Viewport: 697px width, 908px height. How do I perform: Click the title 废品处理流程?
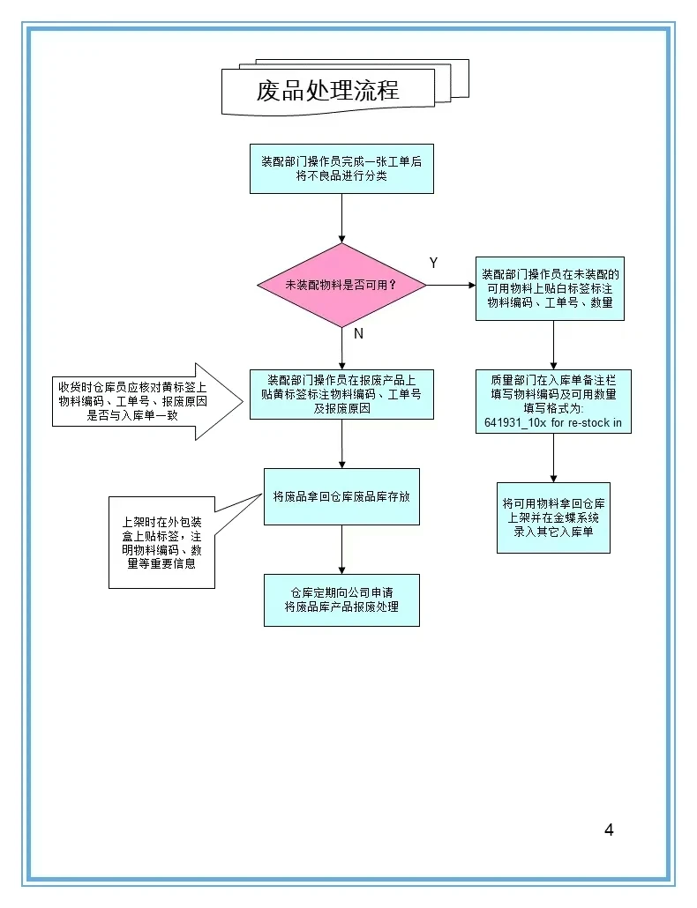327,90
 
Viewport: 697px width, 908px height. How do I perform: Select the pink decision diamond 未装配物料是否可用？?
341,286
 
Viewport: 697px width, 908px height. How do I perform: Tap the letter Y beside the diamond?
433,263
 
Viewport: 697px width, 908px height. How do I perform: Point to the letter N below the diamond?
358,334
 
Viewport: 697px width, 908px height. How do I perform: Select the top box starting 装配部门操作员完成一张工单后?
341,168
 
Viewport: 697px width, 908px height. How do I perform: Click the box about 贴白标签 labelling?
551,288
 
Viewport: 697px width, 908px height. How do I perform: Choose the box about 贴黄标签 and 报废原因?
341,394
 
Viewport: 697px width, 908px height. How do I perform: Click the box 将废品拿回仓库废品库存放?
341,496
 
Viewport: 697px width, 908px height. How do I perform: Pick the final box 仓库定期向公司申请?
341,600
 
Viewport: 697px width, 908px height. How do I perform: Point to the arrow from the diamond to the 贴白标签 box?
450,286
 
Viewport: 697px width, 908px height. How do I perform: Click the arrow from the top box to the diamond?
341,218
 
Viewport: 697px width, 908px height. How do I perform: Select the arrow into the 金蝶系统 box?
553,458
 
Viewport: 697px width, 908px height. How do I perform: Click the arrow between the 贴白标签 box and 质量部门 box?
553,344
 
